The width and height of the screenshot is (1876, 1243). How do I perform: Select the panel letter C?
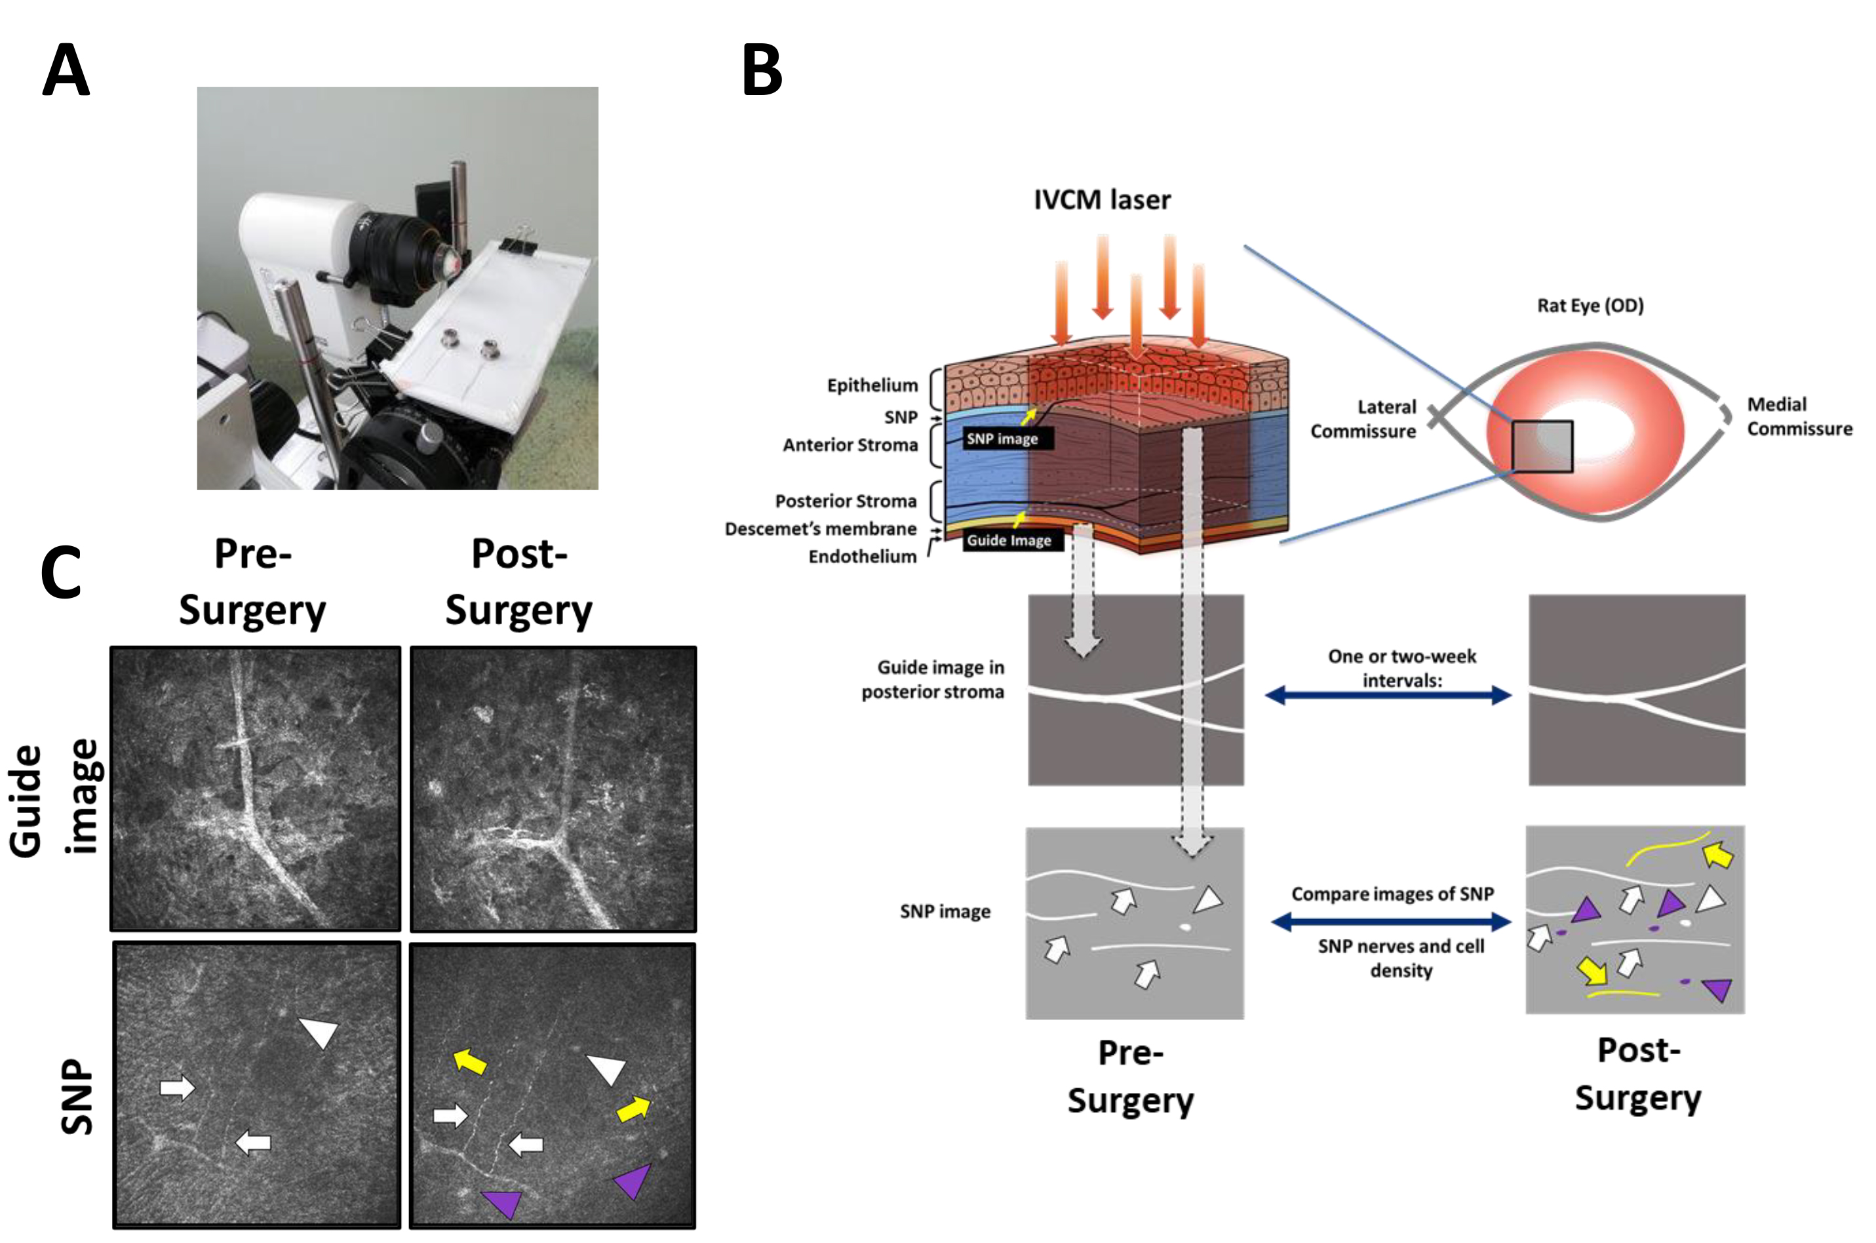tap(61, 572)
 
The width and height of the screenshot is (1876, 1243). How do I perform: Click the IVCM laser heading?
tap(1102, 200)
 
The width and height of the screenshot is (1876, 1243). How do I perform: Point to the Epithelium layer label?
tap(872, 385)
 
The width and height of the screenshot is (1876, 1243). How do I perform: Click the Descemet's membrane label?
tap(820, 529)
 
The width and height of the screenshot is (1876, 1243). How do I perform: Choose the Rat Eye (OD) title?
tap(1590, 306)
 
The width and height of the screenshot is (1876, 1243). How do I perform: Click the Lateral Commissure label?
tap(1363, 418)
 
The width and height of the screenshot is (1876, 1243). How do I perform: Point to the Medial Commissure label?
tap(1799, 416)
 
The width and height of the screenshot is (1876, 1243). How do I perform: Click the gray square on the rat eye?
tap(1542, 446)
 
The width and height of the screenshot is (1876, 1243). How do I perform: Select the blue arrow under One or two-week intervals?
tap(1388, 696)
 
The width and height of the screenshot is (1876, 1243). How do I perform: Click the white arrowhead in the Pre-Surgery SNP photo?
tap(319, 1031)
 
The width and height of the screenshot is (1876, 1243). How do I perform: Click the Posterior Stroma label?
tap(845, 501)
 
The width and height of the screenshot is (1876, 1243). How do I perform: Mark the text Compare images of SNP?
tap(1392, 894)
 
